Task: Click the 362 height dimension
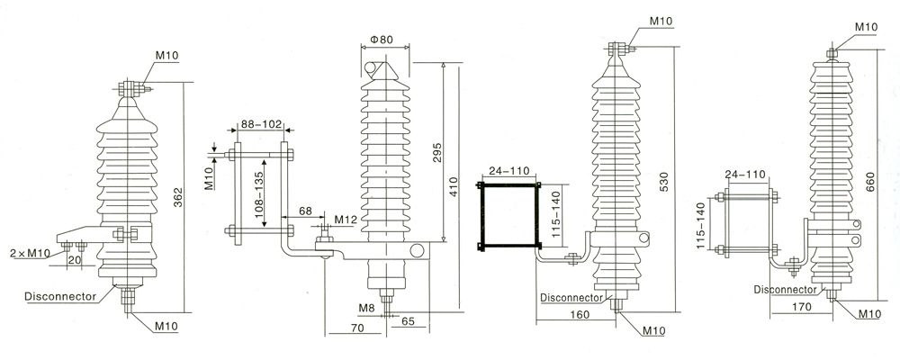pyautogui.click(x=178, y=197)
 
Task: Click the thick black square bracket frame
pyautogui.click(x=509, y=213)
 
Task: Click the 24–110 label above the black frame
pyautogui.click(x=508, y=169)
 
